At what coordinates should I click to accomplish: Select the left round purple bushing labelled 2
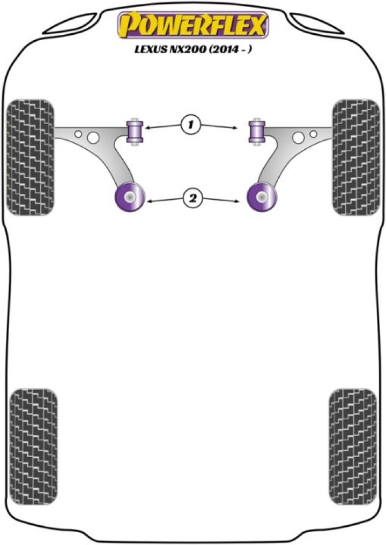(129, 198)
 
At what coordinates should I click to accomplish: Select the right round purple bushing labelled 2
(262, 198)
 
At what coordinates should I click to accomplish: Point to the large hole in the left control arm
(93, 138)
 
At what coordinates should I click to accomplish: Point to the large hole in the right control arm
(298, 138)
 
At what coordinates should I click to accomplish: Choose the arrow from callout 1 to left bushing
(164, 126)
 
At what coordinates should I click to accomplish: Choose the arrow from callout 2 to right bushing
(219, 200)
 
